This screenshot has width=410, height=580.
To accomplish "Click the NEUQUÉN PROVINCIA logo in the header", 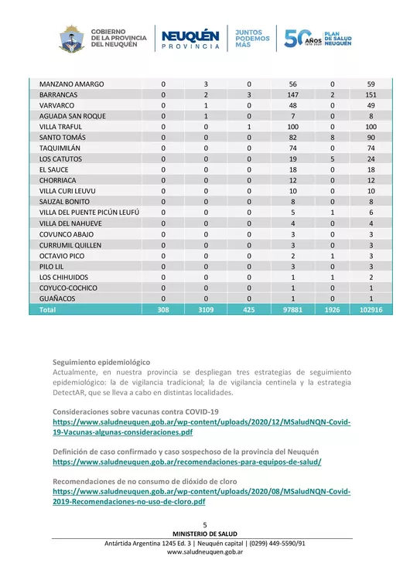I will coord(190,38).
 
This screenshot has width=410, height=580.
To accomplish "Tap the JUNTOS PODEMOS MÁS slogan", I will coord(253,38).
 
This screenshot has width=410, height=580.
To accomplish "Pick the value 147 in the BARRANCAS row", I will coord(293,94).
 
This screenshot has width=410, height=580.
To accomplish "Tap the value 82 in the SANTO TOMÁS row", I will coord(293,137).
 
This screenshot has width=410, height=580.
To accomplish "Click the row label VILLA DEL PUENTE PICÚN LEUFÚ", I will coord(88,212).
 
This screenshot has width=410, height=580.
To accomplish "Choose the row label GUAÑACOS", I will coord(59,298).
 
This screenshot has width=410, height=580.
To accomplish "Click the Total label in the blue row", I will coord(48,309).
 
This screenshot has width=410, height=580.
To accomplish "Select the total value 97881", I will coord(293,309).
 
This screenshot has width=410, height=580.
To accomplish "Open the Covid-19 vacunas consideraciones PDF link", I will coord(201,428).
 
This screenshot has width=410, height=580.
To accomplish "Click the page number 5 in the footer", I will coord(205,525).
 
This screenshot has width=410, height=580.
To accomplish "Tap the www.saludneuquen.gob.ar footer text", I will coord(205,553).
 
